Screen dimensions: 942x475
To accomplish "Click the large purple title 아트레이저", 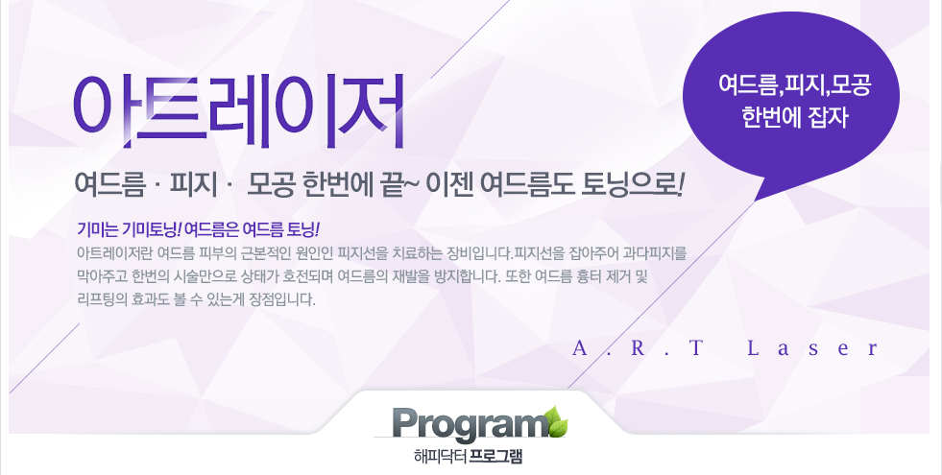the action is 238,112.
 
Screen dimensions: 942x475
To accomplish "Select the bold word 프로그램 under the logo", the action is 495,457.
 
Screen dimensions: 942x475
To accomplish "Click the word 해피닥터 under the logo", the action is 441,457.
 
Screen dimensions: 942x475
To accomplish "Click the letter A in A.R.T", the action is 580,348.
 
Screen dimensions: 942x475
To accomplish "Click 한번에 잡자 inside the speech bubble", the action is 794,116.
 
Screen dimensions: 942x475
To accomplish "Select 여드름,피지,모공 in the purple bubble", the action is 794,84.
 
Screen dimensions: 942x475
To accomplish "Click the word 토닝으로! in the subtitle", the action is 632,183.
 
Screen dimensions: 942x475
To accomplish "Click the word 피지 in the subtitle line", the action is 193,183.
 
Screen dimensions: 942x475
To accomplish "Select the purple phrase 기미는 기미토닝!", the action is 130,229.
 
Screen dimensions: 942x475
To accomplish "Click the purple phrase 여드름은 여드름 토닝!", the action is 253,229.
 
